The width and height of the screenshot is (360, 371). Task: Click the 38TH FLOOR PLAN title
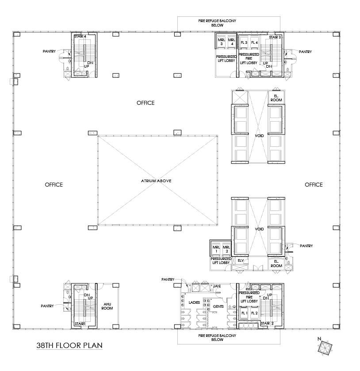[x=70, y=345]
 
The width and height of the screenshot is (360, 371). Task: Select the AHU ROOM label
[x=107, y=306]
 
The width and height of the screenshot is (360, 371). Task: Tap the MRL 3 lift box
[x=221, y=42]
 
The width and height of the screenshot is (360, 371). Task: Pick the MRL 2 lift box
[x=226, y=249]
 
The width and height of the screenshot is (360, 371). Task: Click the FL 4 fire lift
[x=254, y=42]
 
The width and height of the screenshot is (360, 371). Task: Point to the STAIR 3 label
[x=275, y=37]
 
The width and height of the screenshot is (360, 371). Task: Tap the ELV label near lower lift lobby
[x=241, y=261]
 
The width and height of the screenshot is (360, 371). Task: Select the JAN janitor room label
[x=217, y=287]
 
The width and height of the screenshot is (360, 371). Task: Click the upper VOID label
[x=259, y=135]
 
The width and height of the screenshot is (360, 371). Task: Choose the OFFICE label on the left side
[x=54, y=185]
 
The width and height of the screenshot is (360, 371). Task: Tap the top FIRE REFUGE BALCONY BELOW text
[x=217, y=23]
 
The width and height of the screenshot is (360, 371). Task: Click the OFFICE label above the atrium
[x=146, y=103]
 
